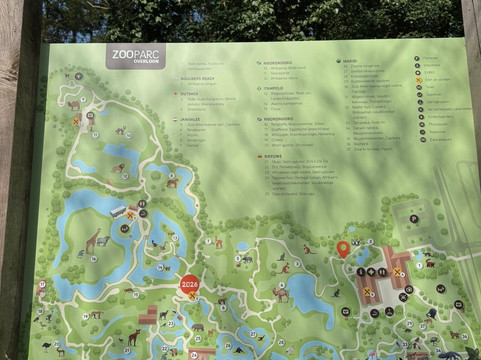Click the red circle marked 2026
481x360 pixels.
[x=190, y=285]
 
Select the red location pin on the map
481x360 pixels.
[x=343, y=248]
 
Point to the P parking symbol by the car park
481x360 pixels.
[x=413, y=217]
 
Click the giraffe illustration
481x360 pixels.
[x=92, y=241]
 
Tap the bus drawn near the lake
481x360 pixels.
[x=118, y=211]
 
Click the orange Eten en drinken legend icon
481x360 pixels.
[x=419, y=81]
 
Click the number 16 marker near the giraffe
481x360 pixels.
[x=124, y=229]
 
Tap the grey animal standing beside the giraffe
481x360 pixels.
[x=103, y=242]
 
